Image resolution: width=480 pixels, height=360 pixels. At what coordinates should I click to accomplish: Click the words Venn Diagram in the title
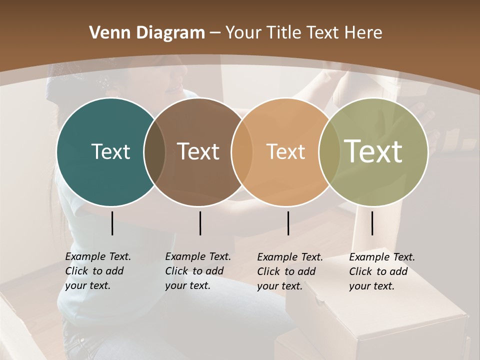(147, 33)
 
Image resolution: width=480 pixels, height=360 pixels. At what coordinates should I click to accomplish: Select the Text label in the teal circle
(110, 151)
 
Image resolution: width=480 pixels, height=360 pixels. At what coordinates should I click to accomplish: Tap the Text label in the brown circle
(198, 151)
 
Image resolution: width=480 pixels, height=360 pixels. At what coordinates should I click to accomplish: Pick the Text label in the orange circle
(285, 151)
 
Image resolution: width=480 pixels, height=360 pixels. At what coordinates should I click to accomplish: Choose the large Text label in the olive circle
(373, 151)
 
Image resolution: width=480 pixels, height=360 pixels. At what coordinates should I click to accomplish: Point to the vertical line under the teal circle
(112, 223)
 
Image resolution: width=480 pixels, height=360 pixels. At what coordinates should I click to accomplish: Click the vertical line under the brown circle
(200, 223)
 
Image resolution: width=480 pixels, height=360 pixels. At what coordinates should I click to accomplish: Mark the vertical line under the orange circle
(288, 223)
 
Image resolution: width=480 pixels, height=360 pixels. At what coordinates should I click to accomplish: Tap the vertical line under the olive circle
(372, 223)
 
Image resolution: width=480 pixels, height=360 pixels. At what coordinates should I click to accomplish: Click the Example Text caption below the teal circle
(97, 271)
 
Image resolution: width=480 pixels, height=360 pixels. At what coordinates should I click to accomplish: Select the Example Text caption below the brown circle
(197, 271)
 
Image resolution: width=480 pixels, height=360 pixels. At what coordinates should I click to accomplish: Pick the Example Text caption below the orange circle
(289, 271)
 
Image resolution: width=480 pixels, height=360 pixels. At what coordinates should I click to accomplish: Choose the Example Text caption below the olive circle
(381, 271)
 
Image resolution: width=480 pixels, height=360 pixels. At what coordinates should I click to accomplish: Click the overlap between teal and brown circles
(154, 152)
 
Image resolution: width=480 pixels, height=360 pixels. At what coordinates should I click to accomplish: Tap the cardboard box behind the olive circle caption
(380, 320)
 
